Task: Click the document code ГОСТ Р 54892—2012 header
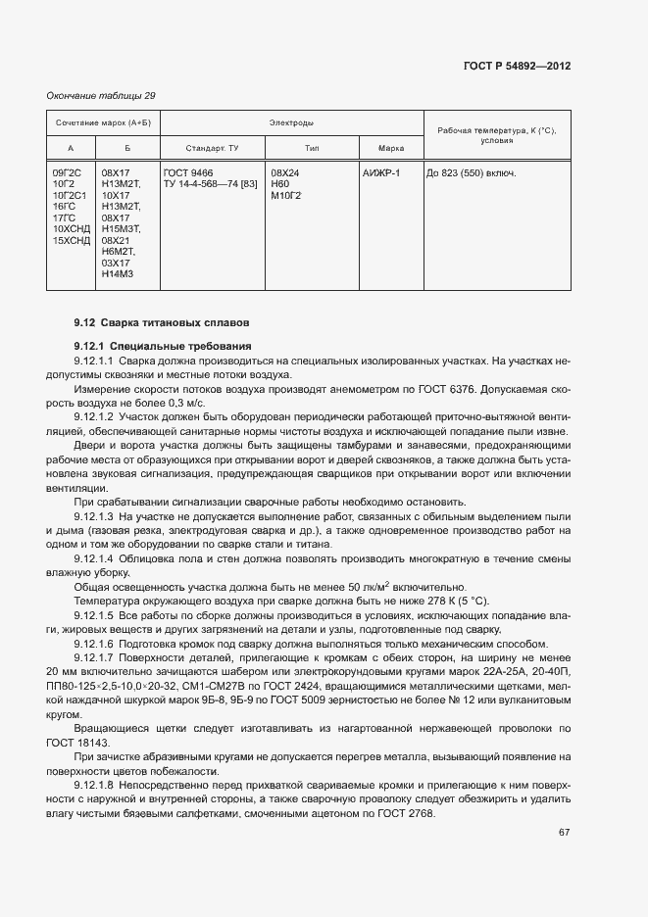click(x=516, y=67)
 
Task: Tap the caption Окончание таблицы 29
click(x=101, y=95)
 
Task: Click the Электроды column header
click(x=291, y=124)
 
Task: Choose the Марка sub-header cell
click(x=391, y=148)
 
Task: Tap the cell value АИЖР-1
click(x=381, y=173)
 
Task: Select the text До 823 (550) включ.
click(x=471, y=173)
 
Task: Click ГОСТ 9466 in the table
click(x=188, y=173)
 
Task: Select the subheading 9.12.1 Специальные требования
click(x=163, y=346)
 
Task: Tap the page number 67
click(x=565, y=833)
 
